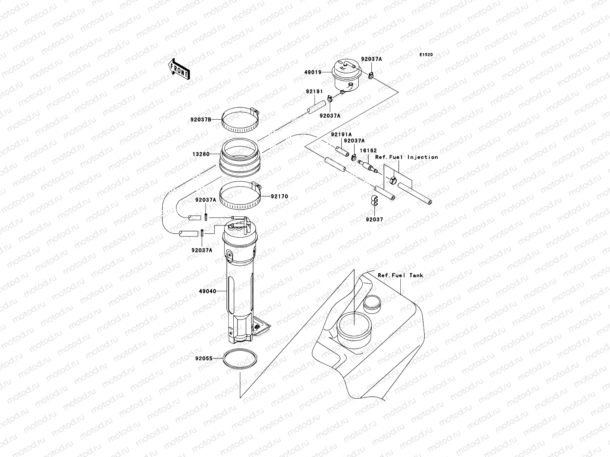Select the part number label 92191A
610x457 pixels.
tap(341, 135)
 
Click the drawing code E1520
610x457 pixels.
tap(426, 55)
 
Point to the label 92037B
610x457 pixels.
tap(201, 119)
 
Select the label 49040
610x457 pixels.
tap(207, 291)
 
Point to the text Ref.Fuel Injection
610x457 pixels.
tap(406, 157)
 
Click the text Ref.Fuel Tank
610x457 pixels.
tap(400, 275)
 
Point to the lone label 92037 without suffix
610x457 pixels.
tap(374, 220)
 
